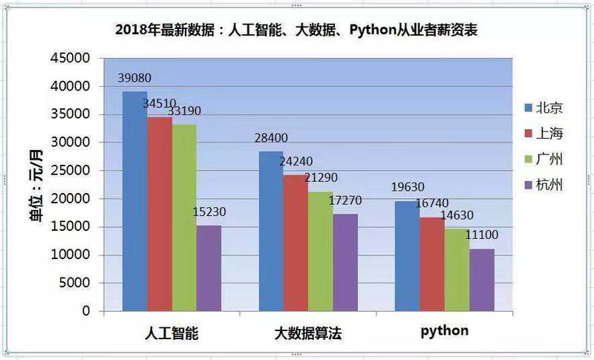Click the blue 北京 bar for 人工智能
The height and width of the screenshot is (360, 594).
coord(134,200)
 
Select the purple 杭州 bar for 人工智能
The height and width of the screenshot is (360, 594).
coord(209,268)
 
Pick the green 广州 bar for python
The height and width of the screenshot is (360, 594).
coord(457,269)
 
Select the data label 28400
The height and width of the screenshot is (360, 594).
coord(270,138)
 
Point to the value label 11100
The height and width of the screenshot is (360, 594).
coord(482,235)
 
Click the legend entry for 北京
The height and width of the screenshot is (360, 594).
coord(543,108)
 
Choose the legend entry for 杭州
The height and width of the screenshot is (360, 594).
coord(543,184)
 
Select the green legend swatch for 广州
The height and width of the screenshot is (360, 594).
coord(528,159)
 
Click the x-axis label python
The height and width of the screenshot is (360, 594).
coord(445,330)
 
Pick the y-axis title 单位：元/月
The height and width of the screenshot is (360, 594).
coord(35,183)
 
